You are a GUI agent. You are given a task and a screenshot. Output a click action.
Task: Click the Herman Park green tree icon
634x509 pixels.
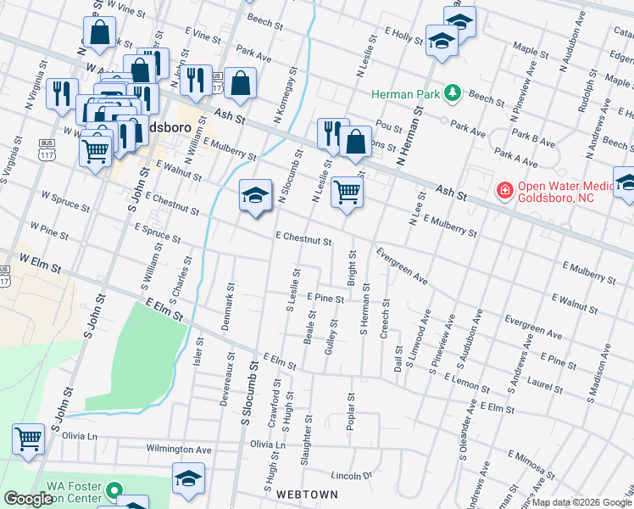point(453,92)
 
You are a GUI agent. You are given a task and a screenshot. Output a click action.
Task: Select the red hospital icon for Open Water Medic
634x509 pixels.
point(504,191)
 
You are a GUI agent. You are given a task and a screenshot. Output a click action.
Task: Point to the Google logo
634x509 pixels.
point(29,499)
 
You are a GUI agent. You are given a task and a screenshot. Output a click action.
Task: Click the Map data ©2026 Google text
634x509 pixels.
point(581,502)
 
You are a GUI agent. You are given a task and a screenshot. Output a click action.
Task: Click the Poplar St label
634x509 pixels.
point(349,411)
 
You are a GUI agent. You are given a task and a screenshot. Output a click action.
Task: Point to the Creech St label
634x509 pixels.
point(385,319)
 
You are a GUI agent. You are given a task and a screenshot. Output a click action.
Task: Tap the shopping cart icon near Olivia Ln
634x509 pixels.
point(28,439)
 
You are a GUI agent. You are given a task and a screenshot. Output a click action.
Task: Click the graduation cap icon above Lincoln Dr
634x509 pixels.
point(188,478)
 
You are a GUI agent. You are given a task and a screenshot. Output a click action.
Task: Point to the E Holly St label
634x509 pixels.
point(403,37)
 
